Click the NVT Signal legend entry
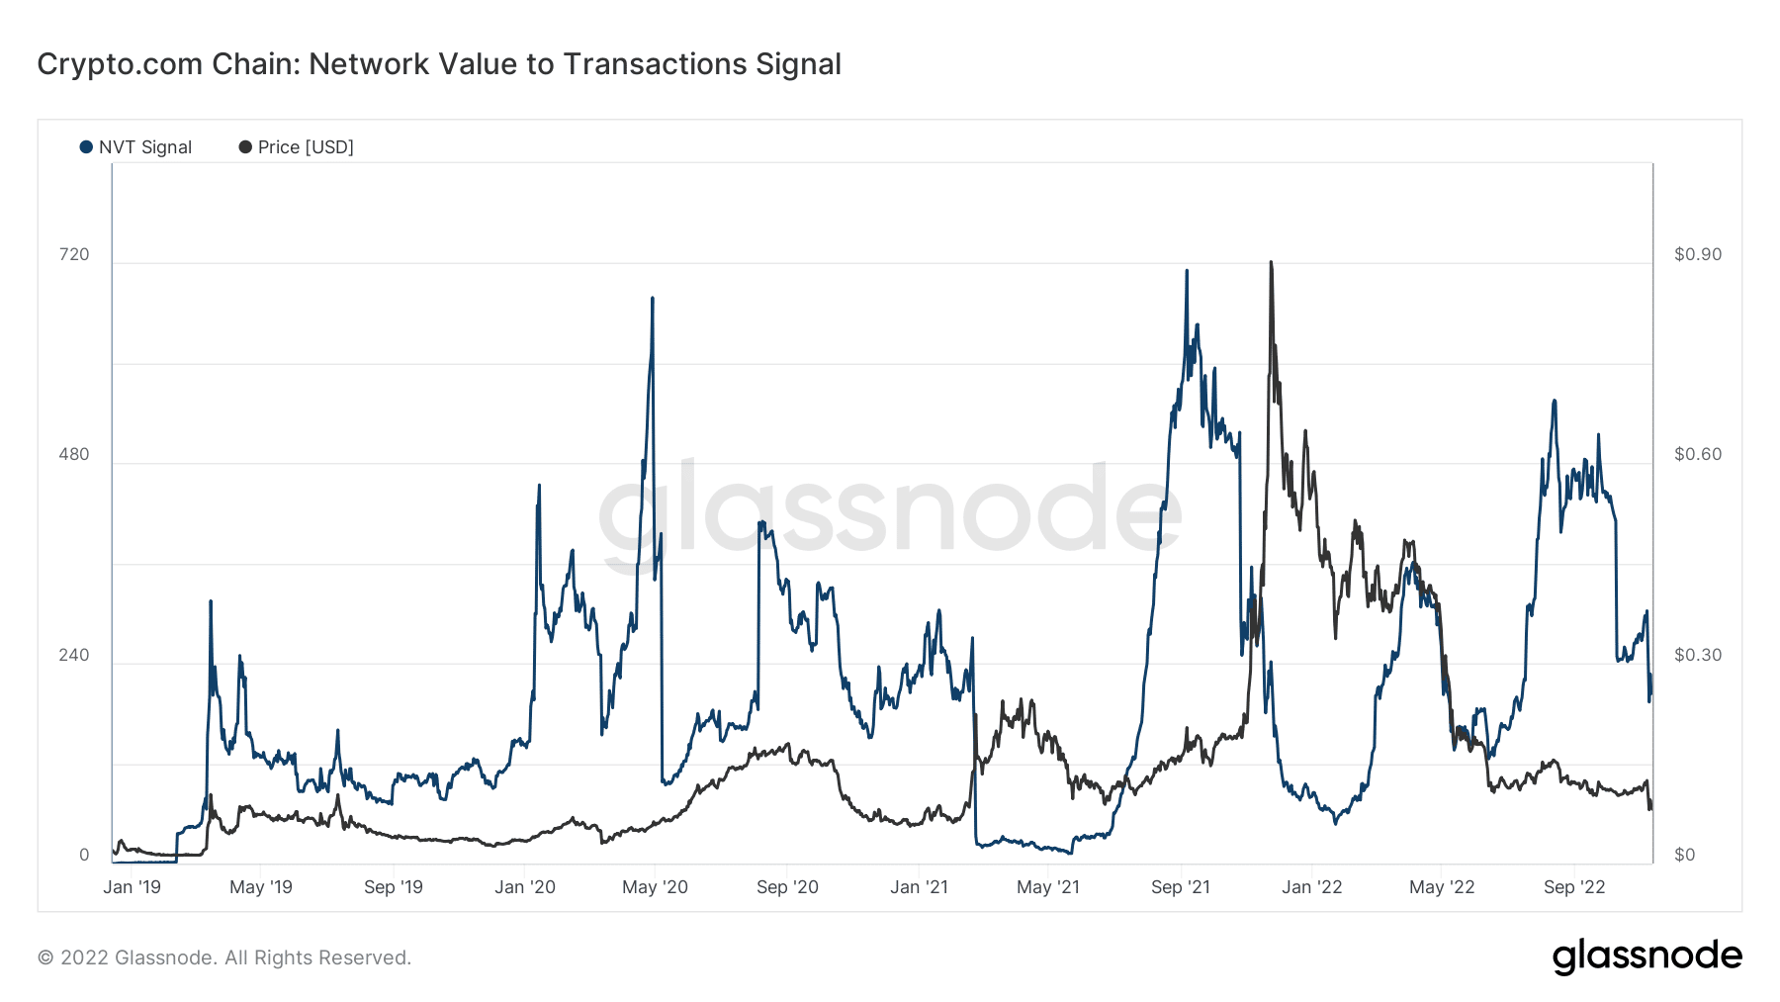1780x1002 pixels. click(x=136, y=147)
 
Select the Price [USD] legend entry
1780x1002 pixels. click(x=296, y=147)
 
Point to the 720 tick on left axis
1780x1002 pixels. click(x=74, y=255)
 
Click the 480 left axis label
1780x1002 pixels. click(x=74, y=455)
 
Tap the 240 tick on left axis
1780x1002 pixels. click(x=74, y=656)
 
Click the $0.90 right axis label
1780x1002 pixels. click(x=1697, y=255)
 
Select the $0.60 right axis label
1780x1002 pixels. click(x=1697, y=455)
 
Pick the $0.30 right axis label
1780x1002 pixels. click(x=1697, y=656)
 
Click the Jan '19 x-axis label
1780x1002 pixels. click(x=132, y=887)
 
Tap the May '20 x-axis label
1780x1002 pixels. click(x=655, y=887)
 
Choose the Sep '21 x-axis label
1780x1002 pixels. click(x=1180, y=887)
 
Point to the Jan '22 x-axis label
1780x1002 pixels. click(x=1311, y=887)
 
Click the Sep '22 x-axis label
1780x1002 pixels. click(x=1574, y=887)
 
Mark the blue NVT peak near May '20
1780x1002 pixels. click(x=653, y=298)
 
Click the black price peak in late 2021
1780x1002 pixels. click(x=1271, y=263)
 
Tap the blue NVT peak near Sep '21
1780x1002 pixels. click(x=1187, y=271)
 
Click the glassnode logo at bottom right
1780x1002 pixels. click(x=1646, y=956)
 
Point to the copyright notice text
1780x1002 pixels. click(x=224, y=957)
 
